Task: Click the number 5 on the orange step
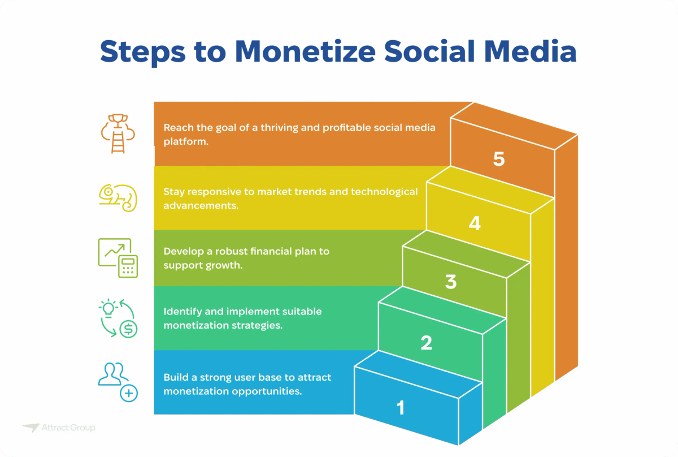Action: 498,159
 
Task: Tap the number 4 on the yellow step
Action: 475,224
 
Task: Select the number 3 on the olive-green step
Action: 450,282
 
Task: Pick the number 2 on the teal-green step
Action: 426,343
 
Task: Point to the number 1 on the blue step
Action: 401,407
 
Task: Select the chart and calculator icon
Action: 118,257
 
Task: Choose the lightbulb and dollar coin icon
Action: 118,318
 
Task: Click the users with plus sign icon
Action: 118,382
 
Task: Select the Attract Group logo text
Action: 68,428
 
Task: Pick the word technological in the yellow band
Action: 384,191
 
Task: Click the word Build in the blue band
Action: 176,377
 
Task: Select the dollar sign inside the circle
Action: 129,327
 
